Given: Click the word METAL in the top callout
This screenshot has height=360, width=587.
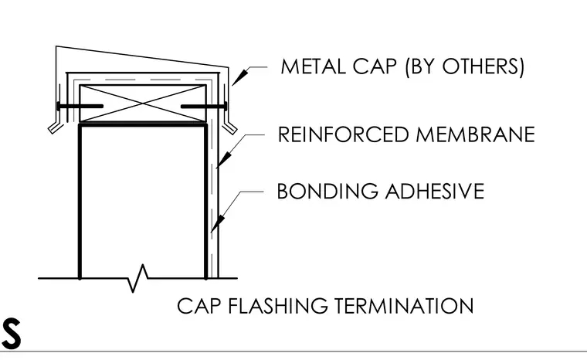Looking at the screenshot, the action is pyautogui.click(x=314, y=66).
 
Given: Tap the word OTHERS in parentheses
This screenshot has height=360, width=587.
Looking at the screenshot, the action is pyautogui.click(x=480, y=66).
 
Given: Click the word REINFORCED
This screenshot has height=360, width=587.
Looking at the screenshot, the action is pyautogui.click(x=343, y=134).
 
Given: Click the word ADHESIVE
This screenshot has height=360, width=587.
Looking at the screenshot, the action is pyautogui.click(x=435, y=191).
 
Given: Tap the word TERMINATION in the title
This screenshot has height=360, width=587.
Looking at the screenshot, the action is pyautogui.click(x=404, y=306).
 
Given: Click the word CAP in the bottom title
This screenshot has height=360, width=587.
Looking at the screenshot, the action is pyautogui.click(x=198, y=306).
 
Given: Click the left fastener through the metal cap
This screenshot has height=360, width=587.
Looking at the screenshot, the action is pyautogui.click(x=80, y=107).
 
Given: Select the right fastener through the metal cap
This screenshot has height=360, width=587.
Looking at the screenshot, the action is pyautogui.click(x=204, y=107).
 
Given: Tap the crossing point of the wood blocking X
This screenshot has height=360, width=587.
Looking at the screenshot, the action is pyautogui.click(x=143, y=104).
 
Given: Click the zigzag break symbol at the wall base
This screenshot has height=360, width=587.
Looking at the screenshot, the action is pyautogui.click(x=137, y=278).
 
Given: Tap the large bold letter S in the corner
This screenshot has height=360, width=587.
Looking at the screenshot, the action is pyautogui.click(x=11, y=334).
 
